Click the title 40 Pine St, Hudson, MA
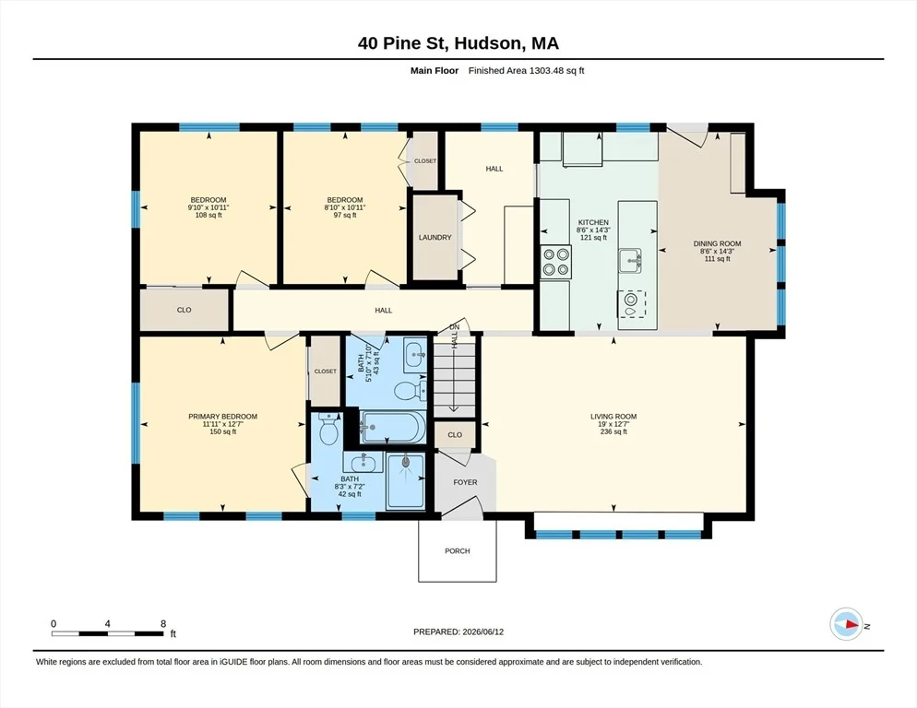coord(458,42)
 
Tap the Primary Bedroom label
coord(223,417)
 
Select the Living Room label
coord(613,417)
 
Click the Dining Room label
coord(717,243)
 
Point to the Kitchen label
coord(593,222)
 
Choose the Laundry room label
coord(435,237)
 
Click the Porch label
coord(458,550)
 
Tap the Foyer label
coord(465,482)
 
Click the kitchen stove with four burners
coord(555,262)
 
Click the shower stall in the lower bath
coord(405,480)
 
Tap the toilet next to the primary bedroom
coord(329,428)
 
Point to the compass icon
coord(846,624)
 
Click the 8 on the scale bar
coord(163,624)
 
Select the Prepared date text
coord(458,632)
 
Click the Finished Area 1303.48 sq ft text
coord(527,71)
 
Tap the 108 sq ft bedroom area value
coord(208,215)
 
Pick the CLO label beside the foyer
coord(455,435)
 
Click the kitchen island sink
coord(630,260)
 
